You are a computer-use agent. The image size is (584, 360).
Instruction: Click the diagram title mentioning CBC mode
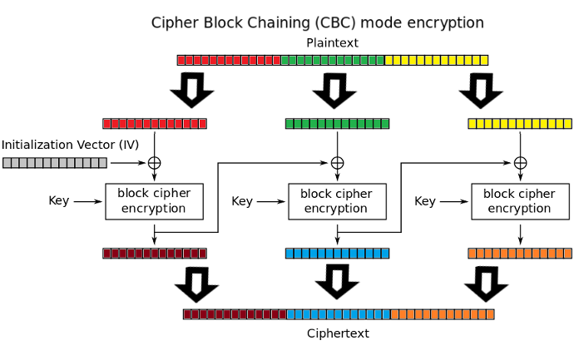(x=317, y=22)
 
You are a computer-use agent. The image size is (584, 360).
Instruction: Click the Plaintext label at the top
(x=333, y=42)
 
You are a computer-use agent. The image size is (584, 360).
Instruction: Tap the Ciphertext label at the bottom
(x=338, y=333)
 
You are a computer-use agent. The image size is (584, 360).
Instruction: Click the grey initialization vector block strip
(x=54, y=162)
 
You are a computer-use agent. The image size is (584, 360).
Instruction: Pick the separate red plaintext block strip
(x=155, y=123)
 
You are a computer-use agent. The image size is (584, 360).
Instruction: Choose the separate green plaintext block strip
(x=337, y=123)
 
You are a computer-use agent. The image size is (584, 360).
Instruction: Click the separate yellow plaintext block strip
(x=520, y=123)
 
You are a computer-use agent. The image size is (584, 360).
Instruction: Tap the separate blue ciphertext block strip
(x=337, y=253)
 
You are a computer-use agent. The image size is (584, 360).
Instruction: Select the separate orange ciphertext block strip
(x=520, y=253)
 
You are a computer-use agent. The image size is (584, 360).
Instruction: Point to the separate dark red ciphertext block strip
(x=155, y=253)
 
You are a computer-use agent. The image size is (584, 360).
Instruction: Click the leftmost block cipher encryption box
(x=154, y=201)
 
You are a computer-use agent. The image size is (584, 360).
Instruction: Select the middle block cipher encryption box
(x=337, y=201)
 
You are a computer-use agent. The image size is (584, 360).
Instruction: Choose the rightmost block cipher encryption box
(x=520, y=201)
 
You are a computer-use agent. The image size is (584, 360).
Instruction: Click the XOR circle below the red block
(x=154, y=162)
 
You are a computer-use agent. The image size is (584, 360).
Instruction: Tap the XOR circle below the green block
(x=337, y=162)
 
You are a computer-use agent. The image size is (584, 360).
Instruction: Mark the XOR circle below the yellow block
(x=520, y=162)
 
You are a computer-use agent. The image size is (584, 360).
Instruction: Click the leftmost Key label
(x=59, y=200)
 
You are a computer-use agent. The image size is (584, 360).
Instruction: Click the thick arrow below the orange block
(x=487, y=284)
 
